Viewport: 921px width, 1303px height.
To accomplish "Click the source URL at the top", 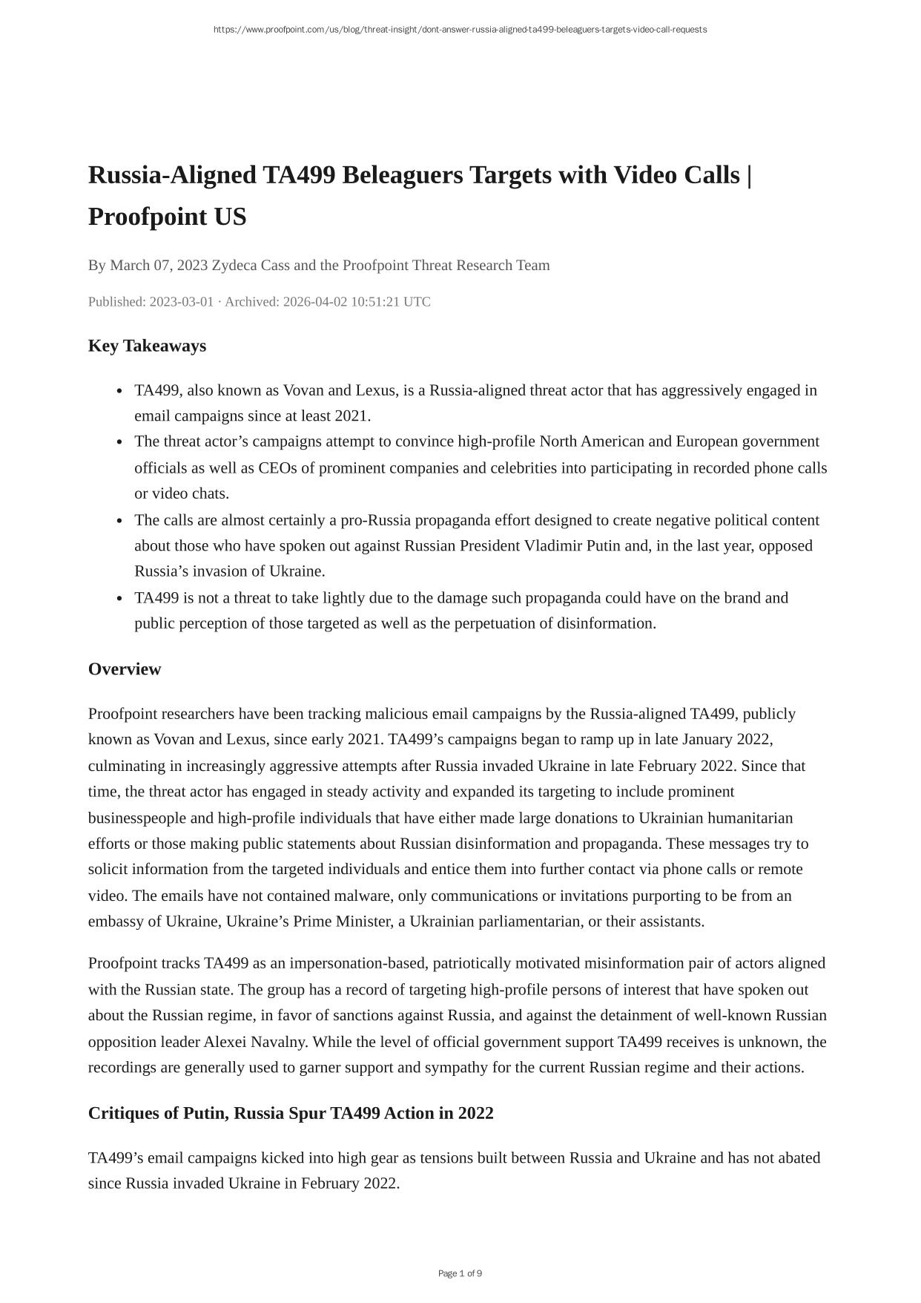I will point(460,30).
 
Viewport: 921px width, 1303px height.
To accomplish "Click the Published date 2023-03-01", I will point(181,302).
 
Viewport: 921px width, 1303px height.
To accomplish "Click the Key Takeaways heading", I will point(147,346).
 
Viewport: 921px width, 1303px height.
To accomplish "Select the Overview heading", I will point(125,669).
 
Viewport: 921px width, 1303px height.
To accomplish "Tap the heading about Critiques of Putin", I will point(291,1113).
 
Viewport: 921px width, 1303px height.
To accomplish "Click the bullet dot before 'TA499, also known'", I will point(119,391).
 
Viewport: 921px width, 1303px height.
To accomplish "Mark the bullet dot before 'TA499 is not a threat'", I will point(119,599).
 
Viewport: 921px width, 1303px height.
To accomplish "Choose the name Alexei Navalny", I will point(256,1042).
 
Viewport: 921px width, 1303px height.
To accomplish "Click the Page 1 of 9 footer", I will point(460,1273).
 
